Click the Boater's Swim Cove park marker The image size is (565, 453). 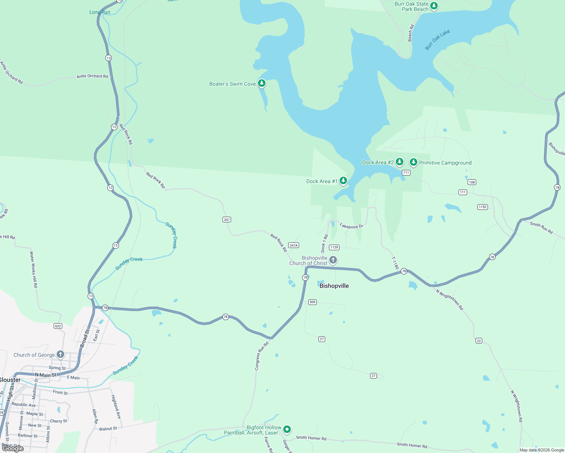[x=262, y=83]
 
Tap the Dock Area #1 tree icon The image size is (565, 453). [x=343, y=181]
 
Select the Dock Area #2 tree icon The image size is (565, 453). [x=399, y=162]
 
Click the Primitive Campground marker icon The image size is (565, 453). [x=414, y=162]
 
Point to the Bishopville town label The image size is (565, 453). [x=334, y=286]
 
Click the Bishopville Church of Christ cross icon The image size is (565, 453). [x=333, y=260]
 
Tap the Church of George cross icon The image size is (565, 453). [x=60, y=354]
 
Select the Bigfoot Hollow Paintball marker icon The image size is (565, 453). [x=287, y=429]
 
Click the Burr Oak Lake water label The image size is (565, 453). [x=437, y=40]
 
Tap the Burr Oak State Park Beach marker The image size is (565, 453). [x=434, y=6]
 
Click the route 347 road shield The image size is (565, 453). [x=227, y=219]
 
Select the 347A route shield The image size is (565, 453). [x=293, y=245]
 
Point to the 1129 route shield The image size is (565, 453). [x=334, y=247]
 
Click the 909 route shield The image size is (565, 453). [x=312, y=302]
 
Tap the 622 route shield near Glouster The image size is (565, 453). [x=58, y=326]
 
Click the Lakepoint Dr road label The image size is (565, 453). [x=351, y=226]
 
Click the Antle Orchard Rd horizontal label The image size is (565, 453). [x=92, y=76]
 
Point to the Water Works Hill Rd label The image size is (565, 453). [x=34, y=270]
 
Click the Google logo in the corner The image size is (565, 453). [x=13, y=448]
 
